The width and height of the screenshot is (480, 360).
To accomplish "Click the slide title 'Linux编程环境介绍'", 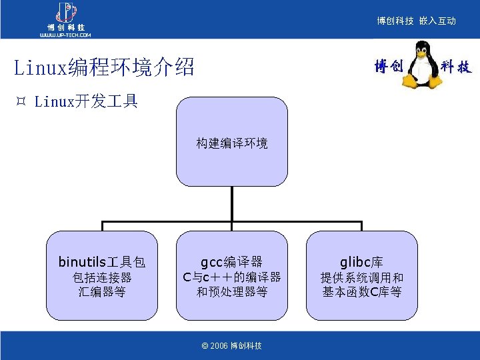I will [104, 67].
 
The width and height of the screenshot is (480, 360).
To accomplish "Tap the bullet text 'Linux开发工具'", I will [86, 101].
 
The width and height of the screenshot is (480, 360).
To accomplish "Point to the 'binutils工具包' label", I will [102, 262].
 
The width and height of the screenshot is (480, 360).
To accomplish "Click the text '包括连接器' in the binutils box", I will [102, 277].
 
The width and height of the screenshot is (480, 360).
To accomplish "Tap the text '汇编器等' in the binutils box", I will [102, 292].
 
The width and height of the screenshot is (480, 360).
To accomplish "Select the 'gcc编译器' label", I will [231, 262].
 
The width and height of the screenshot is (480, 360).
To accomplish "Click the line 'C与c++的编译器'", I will [231, 277].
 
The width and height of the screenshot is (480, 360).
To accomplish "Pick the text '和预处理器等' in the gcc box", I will [231, 292].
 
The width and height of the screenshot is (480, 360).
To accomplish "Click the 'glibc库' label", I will [361, 262].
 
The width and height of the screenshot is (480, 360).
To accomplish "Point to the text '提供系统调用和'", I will [361, 277].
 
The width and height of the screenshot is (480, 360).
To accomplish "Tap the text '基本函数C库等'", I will [361, 292].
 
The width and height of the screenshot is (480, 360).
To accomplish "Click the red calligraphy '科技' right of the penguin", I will [456, 67].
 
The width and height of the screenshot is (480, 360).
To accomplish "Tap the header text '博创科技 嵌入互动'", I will [416, 21].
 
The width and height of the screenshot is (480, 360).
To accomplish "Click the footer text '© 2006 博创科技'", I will [231, 346].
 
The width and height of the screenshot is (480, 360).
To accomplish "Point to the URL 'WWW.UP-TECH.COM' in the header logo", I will [65, 35].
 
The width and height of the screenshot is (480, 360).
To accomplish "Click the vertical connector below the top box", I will [231, 204].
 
